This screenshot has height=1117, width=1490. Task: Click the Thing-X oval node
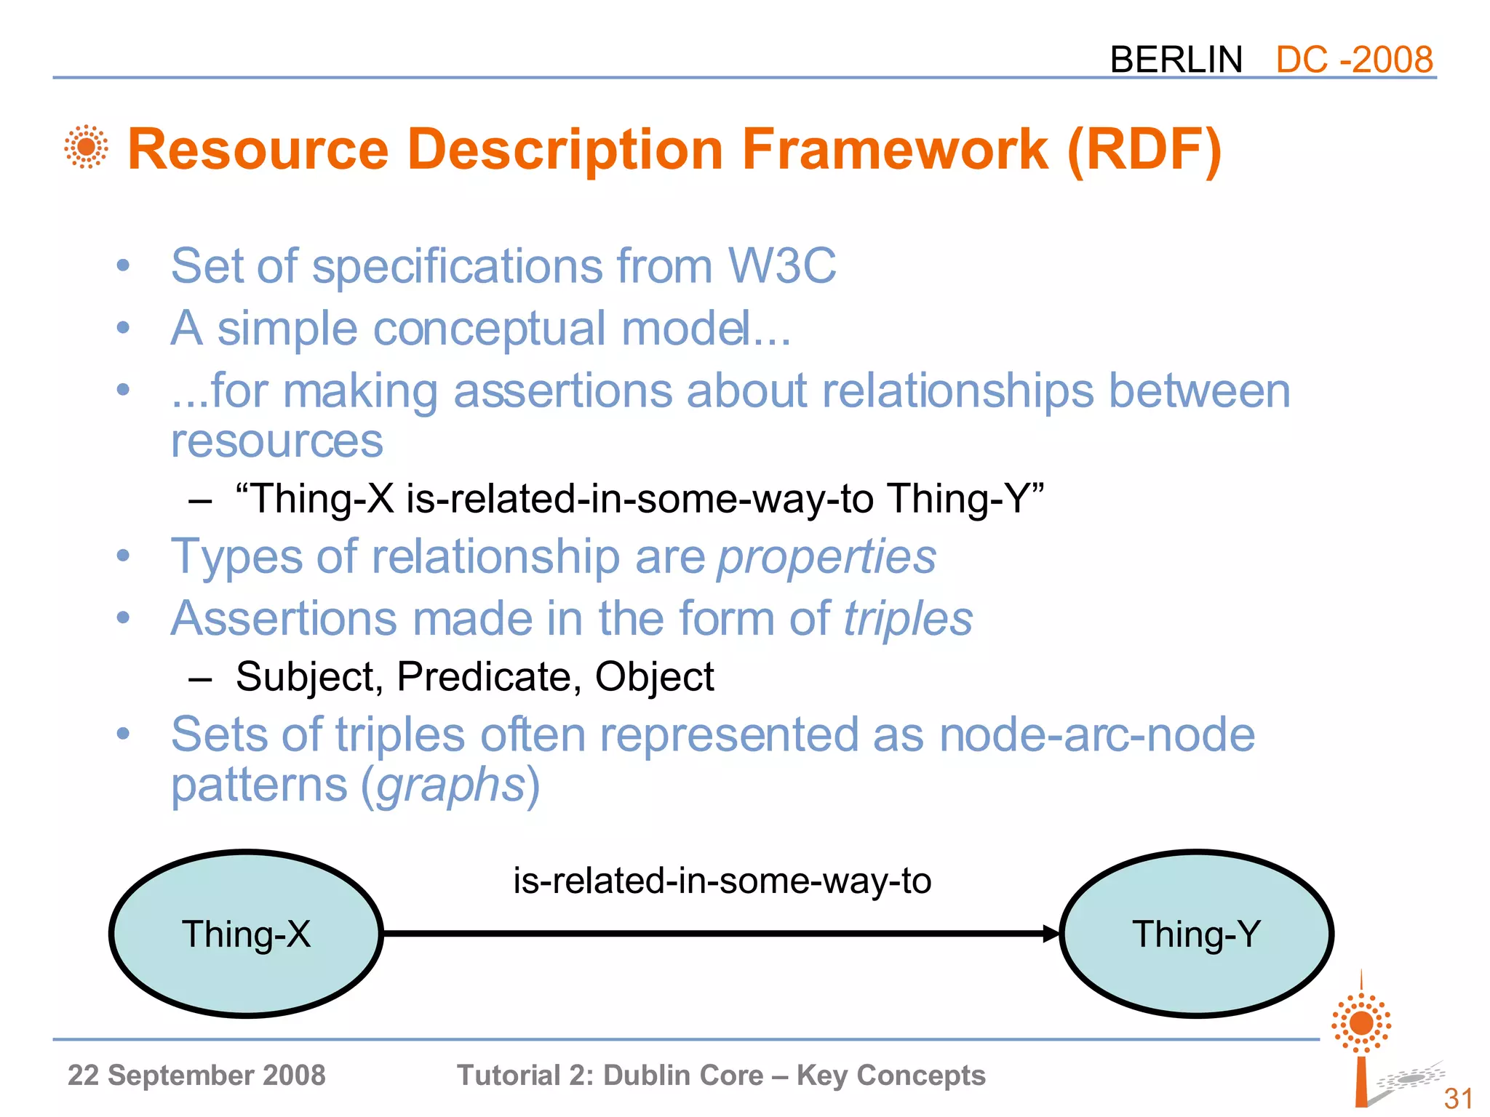(246, 934)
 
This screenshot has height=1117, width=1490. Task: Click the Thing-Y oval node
(1196, 934)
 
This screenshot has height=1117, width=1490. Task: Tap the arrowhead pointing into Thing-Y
(1051, 934)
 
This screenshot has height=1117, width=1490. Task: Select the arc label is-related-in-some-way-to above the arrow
(722, 881)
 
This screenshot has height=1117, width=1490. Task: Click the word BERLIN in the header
(1176, 60)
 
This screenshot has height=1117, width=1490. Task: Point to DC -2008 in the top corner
(1354, 60)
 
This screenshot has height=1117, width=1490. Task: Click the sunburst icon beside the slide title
(86, 147)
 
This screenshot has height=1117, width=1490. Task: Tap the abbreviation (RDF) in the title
(1144, 150)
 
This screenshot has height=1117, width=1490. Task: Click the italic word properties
(826, 557)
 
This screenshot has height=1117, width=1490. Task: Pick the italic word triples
(908, 619)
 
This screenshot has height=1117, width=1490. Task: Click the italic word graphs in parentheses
(451, 785)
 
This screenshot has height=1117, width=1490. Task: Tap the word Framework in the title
(895, 150)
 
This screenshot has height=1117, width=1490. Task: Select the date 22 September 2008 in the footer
(196, 1076)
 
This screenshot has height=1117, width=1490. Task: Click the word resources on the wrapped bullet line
(276, 441)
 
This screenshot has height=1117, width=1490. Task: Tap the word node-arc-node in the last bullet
(1097, 734)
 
